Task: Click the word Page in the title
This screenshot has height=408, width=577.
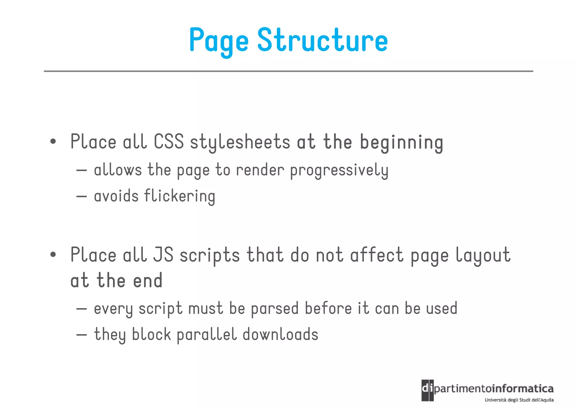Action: pyautogui.click(x=219, y=41)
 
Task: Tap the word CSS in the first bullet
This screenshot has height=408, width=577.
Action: pyautogui.click(x=168, y=142)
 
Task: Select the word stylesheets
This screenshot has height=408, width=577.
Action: pyautogui.click(x=240, y=142)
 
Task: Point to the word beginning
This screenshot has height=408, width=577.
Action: pyautogui.click(x=401, y=143)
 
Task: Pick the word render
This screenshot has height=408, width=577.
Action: pyautogui.click(x=260, y=170)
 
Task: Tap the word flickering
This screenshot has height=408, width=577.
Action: pyautogui.click(x=180, y=196)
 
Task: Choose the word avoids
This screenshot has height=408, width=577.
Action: pyautogui.click(x=116, y=196)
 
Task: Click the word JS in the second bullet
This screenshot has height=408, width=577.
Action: pyautogui.click(x=163, y=255)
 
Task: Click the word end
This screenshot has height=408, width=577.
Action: pyautogui.click(x=148, y=281)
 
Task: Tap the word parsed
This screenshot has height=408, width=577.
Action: pyautogui.click(x=275, y=308)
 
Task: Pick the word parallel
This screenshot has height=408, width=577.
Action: pyautogui.click(x=207, y=335)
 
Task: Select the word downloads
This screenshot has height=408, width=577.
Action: pyautogui.click(x=280, y=334)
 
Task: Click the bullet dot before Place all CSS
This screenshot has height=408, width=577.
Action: pyautogui.click(x=53, y=142)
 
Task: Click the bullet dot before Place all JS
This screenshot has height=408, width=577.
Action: pyautogui.click(x=53, y=255)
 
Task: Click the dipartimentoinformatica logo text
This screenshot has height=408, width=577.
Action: pyautogui.click(x=487, y=389)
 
